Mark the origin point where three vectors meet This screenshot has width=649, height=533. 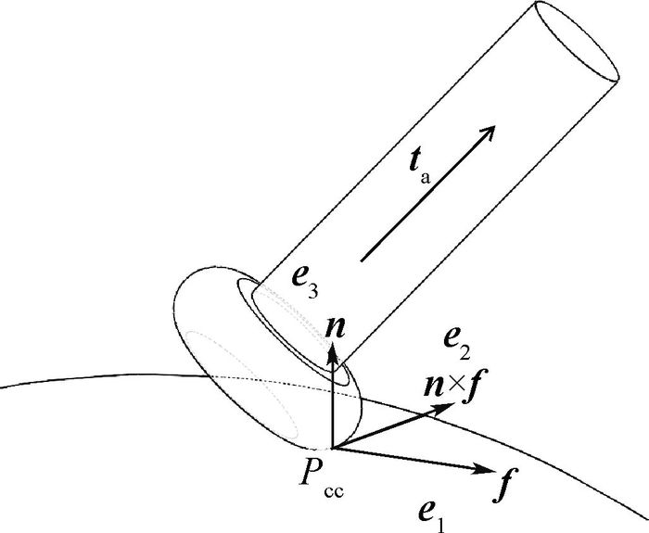(332, 450)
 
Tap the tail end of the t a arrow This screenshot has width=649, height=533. (361, 258)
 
